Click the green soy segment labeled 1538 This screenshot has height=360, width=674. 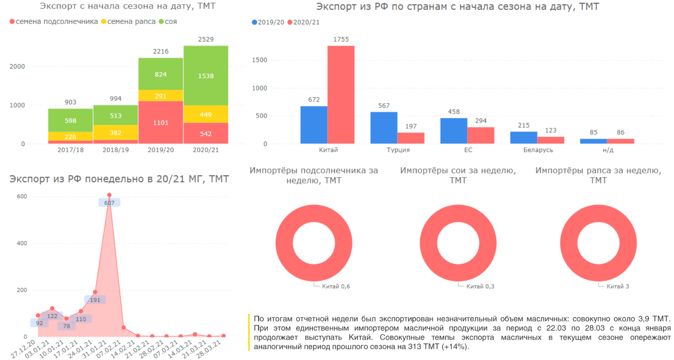click(206, 76)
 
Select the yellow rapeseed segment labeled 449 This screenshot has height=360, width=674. click(206, 114)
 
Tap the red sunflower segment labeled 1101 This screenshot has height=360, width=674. click(161, 123)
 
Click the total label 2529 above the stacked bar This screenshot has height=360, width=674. click(206, 39)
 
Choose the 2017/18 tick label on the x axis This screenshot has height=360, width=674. click(71, 150)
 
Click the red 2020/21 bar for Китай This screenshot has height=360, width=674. click(341, 95)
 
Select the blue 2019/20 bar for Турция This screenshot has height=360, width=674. click(383, 127)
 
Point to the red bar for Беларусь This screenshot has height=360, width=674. click(551, 140)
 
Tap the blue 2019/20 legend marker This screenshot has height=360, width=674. click(254, 22)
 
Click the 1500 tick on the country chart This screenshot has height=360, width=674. click(260, 60)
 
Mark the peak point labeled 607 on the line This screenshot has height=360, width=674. click(109, 195)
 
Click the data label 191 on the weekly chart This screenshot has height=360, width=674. click(95, 300)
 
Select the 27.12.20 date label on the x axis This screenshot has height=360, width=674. click(23, 349)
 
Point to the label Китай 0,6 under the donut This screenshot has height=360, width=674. click(336, 287)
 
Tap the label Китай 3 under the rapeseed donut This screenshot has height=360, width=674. click(618, 287)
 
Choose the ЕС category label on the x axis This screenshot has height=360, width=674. click(468, 150)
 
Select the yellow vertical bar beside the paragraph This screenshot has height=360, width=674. click(249, 332)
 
